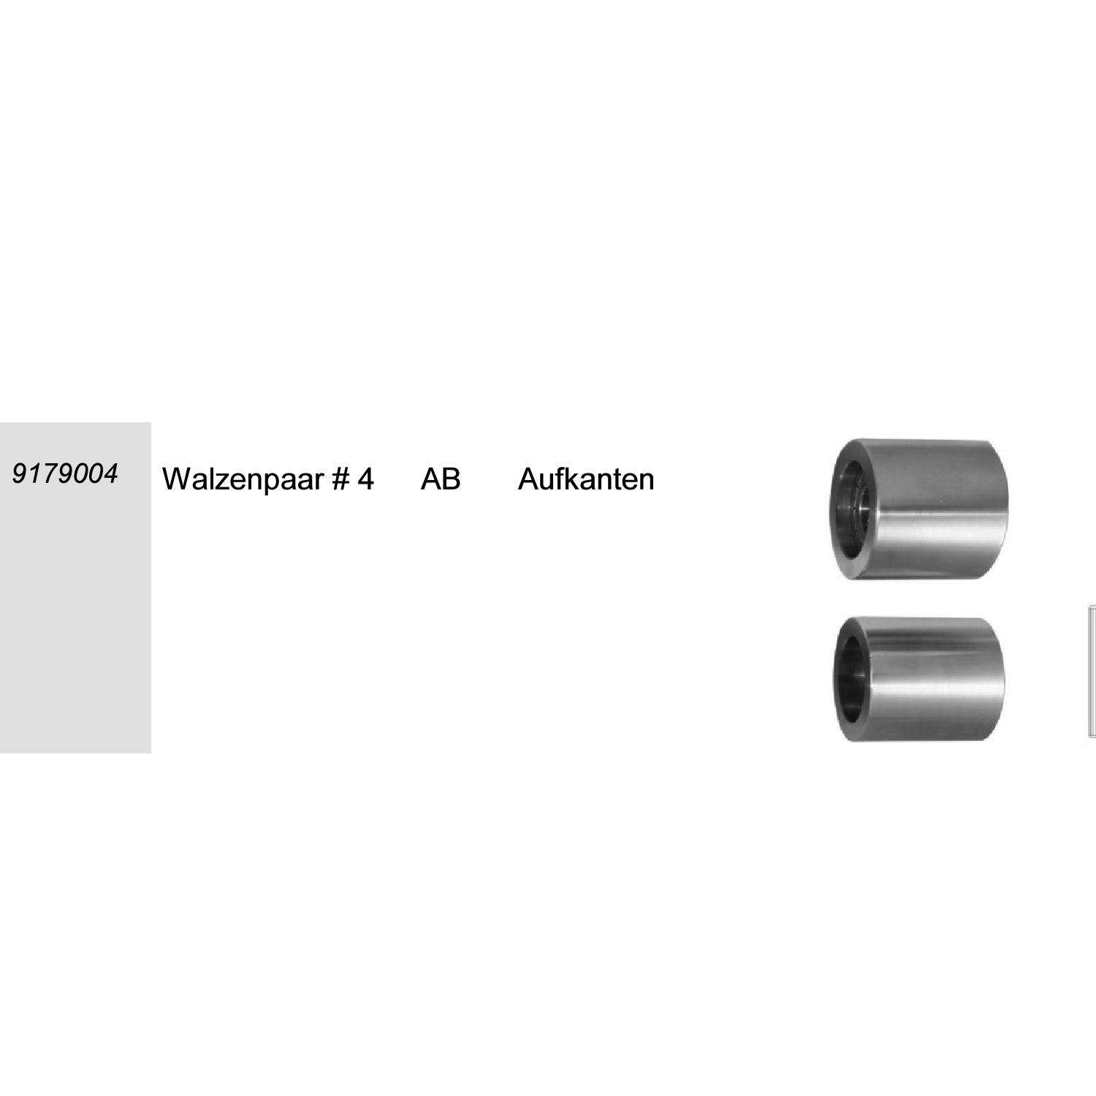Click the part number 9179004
65,473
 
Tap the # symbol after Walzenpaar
342,479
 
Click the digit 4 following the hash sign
366,479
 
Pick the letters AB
441,479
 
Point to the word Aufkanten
586,479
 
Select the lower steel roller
918,679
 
